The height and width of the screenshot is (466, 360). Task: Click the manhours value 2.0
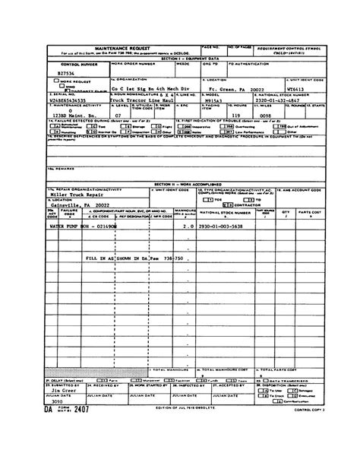tap(188, 227)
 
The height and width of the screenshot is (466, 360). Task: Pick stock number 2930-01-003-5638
tap(226, 227)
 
